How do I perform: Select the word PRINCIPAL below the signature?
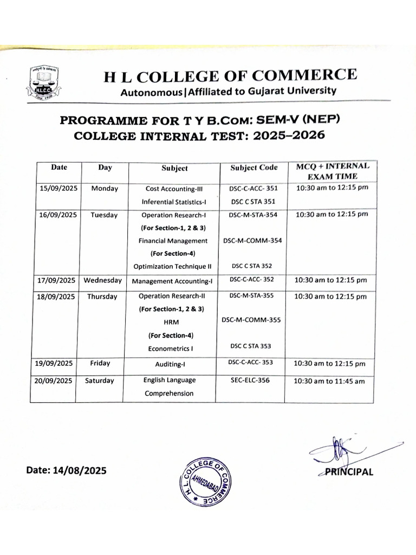tap(349, 472)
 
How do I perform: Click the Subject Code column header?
tap(253, 167)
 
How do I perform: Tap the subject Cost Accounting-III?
tap(174, 189)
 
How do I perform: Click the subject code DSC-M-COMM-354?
tap(252, 240)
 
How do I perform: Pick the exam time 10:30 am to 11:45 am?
tap(329, 381)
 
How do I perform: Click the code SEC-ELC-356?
tap(250, 380)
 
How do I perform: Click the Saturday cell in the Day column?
tap(100, 380)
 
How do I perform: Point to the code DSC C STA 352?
tap(252, 266)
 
